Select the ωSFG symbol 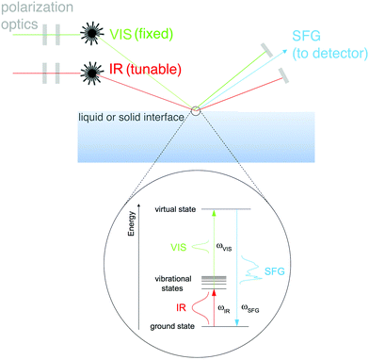click(x=254, y=307)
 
